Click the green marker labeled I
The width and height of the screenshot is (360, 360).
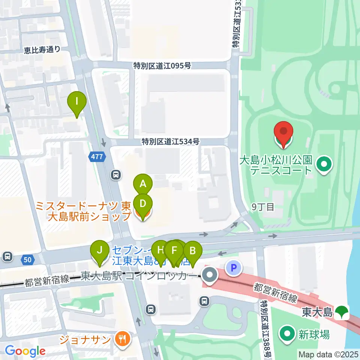pos(77,101)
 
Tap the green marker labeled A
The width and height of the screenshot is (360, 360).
pos(143,184)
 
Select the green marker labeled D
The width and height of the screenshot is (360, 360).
pos(143,204)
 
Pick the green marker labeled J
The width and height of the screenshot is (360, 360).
pos(99,250)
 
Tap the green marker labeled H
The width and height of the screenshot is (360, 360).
pos(160,250)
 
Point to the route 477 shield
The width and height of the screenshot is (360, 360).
pos(96,157)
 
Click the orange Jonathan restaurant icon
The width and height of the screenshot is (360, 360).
pos(122,339)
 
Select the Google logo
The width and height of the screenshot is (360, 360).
pos(25,351)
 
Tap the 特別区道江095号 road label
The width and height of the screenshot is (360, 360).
pos(162,66)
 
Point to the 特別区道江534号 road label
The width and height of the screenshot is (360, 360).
pos(170,141)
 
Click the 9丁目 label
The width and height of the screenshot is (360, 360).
pos(263,207)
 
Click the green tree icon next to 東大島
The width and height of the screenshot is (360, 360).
pos(342,312)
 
